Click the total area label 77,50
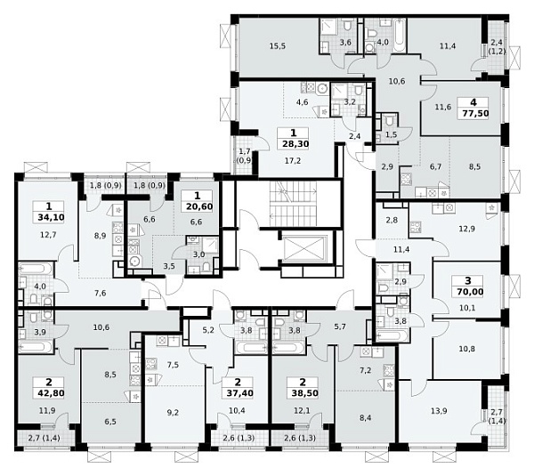tap(475, 113)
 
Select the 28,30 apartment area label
tap(295, 144)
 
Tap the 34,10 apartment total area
tap(51, 217)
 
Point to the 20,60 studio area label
tap(199, 206)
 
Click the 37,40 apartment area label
tap(239, 393)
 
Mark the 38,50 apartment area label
tap(304, 393)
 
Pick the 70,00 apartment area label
tap(470, 292)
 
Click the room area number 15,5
tap(277, 46)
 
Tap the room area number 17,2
tap(293, 161)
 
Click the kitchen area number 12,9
tap(466, 229)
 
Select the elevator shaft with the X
tap(305, 250)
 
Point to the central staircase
tap(293, 204)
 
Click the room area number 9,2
tap(173, 413)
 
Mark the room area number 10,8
tap(466, 350)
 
